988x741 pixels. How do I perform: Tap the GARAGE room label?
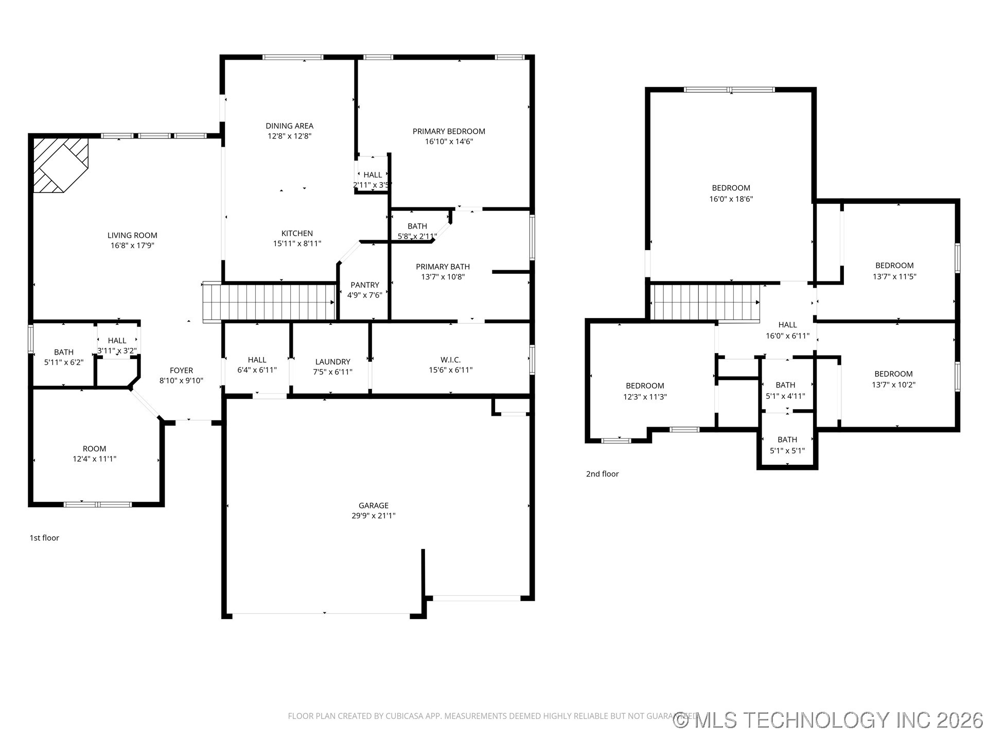[374, 505]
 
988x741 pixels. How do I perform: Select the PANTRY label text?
[364, 285]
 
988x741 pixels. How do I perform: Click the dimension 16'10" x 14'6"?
[449, 142]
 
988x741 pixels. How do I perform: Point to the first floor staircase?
[269, 303]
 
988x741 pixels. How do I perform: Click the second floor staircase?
[705, 303]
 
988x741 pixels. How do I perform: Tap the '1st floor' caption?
[44, 538]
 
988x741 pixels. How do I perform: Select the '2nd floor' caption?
[602, 474]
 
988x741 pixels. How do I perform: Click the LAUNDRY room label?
[332, 362]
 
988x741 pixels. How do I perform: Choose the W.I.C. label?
[450, 360]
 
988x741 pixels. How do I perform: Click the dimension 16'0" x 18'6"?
[731, 199]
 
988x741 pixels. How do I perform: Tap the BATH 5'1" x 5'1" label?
[787, 445]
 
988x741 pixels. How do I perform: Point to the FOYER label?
[181, 370]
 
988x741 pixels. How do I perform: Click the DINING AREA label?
[289, 126]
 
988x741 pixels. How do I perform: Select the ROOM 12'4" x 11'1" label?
[94, 453]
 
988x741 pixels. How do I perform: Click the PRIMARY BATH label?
[443, 267]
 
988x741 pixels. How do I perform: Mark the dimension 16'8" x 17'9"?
[132, 245]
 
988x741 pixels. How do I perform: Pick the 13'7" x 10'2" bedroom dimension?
[893, 384]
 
